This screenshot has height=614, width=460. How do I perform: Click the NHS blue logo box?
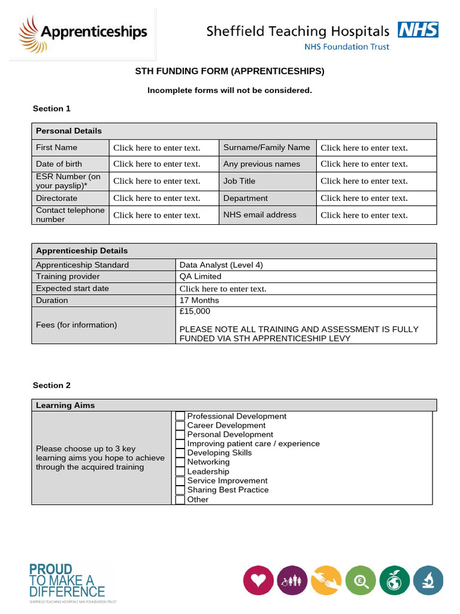[418, 30]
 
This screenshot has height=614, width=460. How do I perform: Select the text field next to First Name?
[157, 148]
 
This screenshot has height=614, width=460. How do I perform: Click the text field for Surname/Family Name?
[364, 148]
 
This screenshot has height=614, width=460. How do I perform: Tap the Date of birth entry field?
[157, 164]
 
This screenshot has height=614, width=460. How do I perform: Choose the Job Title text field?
[364, 180]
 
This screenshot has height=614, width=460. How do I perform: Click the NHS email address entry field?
[364, 215]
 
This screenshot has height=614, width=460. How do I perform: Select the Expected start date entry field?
[223, 288]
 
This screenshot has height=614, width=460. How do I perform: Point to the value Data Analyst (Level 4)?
[221, 264]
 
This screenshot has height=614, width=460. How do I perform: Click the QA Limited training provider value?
[200, 276]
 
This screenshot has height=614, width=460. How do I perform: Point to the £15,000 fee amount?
[195, 311]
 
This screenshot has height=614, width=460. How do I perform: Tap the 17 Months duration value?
[199, 300]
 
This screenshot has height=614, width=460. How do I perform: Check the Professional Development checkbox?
[180, 416]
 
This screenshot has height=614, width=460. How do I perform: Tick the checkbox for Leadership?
[180, 471]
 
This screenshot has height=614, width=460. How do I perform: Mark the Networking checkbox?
[180, 462]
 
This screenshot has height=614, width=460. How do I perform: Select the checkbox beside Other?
[180, 499]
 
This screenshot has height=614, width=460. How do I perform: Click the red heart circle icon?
[258, 580]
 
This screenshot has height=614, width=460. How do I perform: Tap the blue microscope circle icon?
[428, 580]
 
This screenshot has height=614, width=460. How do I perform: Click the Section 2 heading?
[52, 386]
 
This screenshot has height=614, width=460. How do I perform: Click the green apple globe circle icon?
[394, 580]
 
